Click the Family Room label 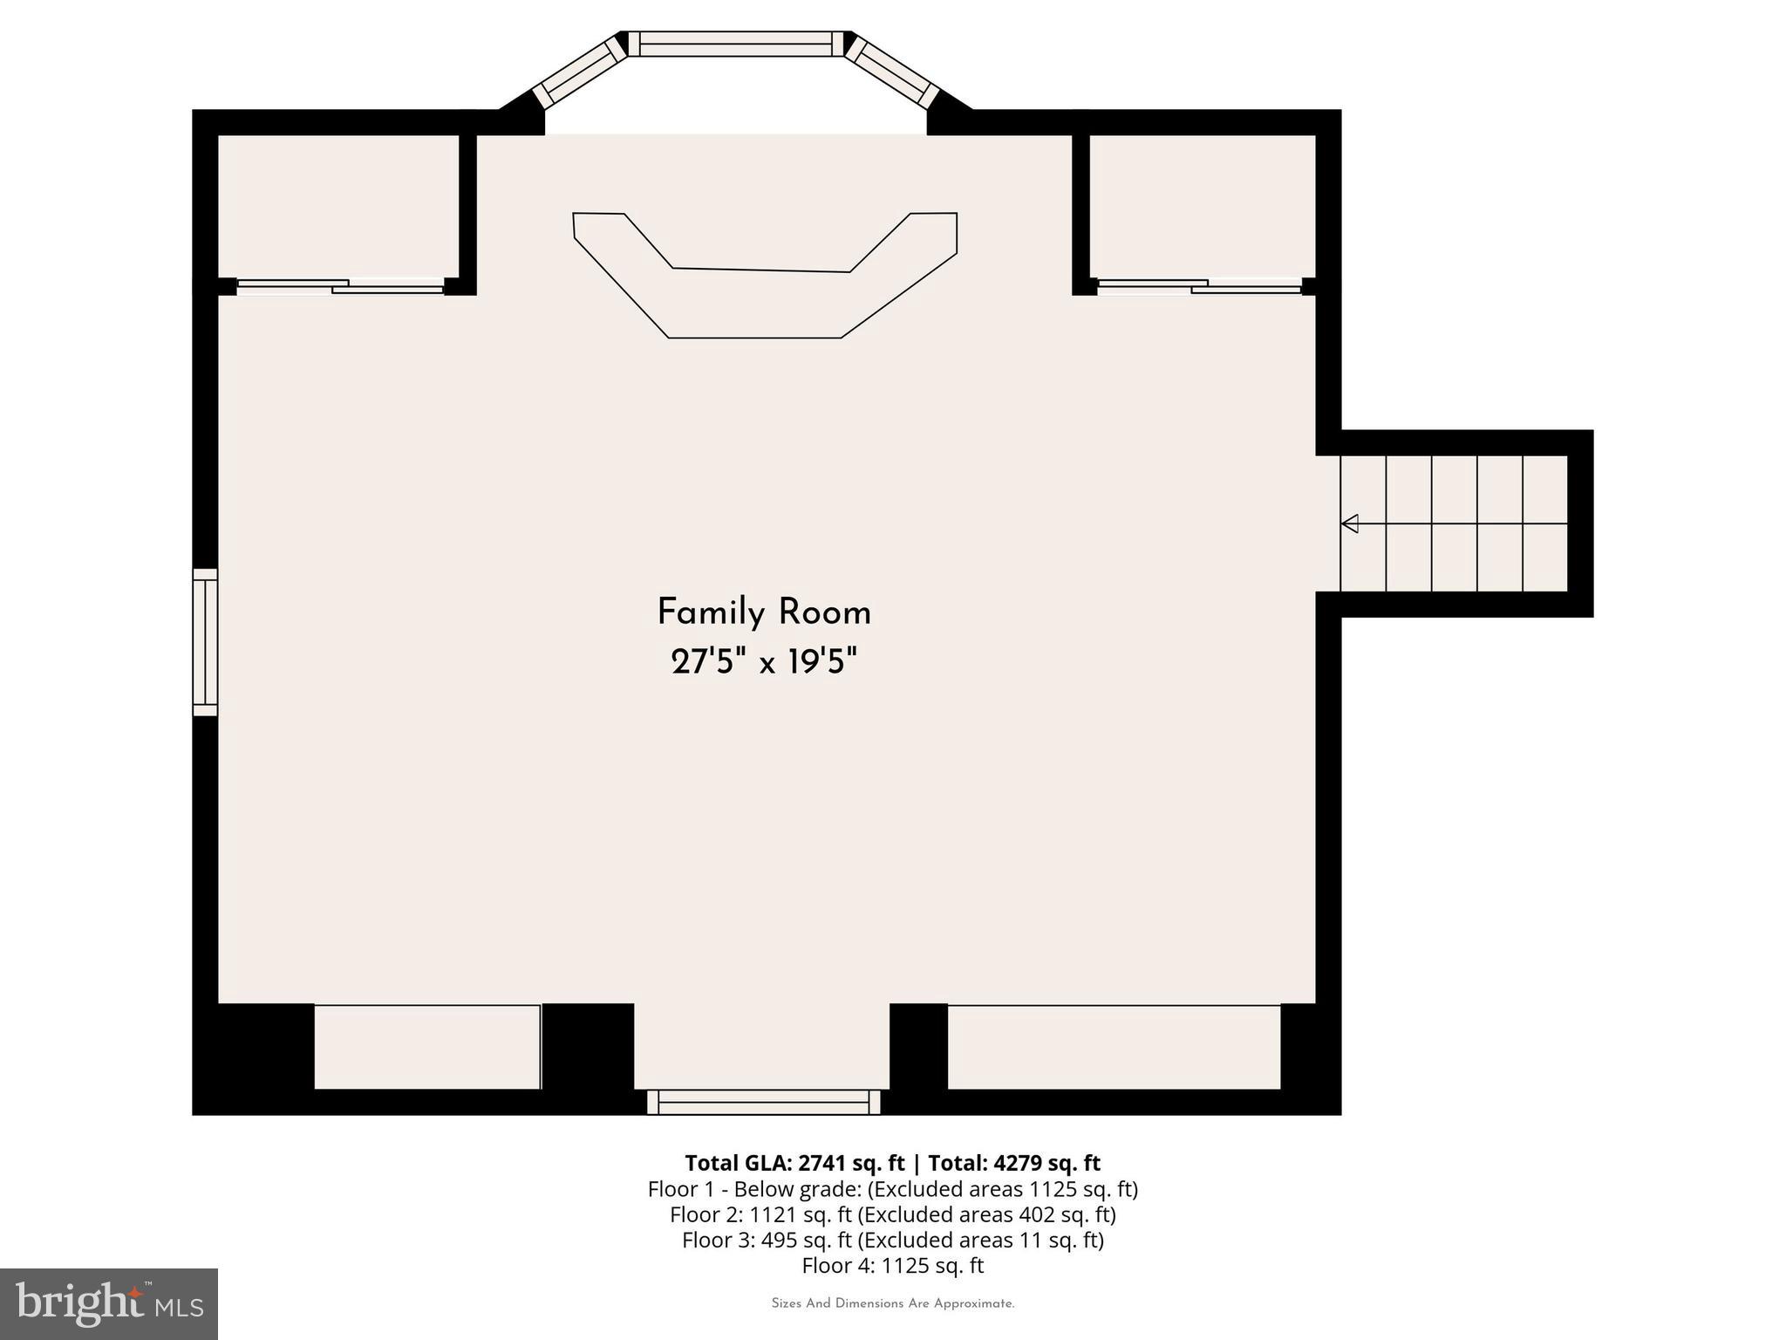pos(764,612)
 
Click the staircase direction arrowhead pos(1350,523)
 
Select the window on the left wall pos(205,642)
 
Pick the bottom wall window pos(763,1102)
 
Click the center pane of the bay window pos(737,44)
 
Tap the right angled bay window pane pos(892,71)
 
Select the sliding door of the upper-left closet pos(340,286)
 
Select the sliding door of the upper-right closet pos(1199,286)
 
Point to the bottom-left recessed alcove pos(427,1047)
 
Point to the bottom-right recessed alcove pos(1114,1047)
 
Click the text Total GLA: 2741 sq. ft pos(794,1163)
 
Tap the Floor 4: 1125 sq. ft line pos(892,1265)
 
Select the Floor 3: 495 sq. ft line pos(892,1240)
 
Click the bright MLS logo pos(109,1303)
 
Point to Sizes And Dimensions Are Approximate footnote pos(892,1303)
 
